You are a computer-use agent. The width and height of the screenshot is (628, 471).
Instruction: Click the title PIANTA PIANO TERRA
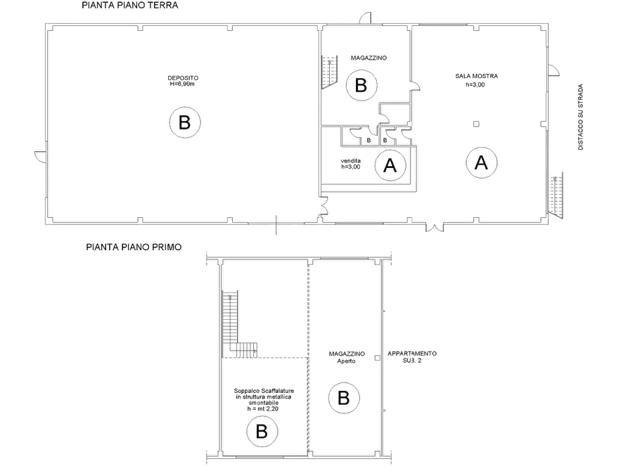pos(130,5)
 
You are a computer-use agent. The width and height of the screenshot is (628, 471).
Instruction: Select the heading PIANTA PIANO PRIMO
pos(134,247)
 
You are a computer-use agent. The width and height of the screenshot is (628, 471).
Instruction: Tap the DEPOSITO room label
pos(183,78)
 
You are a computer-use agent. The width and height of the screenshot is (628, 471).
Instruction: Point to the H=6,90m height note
pos(182,84)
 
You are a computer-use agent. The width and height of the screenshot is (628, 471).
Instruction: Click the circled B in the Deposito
pos(185,122)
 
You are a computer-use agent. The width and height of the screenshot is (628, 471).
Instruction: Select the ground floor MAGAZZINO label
pos(369,58)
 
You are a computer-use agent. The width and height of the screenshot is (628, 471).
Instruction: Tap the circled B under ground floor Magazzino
pos(361,85)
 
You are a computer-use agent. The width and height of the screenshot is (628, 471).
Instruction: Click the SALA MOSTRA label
pos(477,76)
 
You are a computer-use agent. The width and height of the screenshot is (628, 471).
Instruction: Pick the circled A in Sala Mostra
pos(482,162)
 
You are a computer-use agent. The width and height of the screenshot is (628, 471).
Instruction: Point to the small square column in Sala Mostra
pos(476,124)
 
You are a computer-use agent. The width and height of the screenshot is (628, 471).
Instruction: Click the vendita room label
pos(351,161)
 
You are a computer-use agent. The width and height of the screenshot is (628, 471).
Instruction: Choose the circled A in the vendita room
pos(390,165)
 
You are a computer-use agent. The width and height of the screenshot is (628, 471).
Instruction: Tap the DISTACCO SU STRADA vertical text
pos(580,117)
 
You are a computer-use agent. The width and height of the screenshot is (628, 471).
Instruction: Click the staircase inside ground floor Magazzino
pos(329,72)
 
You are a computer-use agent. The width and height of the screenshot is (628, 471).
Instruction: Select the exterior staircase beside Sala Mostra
pos(555,195)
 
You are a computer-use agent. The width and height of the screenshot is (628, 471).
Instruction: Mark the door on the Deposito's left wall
pos(41,157)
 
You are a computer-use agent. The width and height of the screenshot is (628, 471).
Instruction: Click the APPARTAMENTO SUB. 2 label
pos(412,357)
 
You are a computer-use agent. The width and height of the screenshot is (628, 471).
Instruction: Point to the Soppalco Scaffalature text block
pos(264,400)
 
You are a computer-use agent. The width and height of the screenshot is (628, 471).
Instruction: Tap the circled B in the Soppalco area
pos(262,432)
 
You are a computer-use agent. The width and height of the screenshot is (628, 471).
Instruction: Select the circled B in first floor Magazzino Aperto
pos(344,398)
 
